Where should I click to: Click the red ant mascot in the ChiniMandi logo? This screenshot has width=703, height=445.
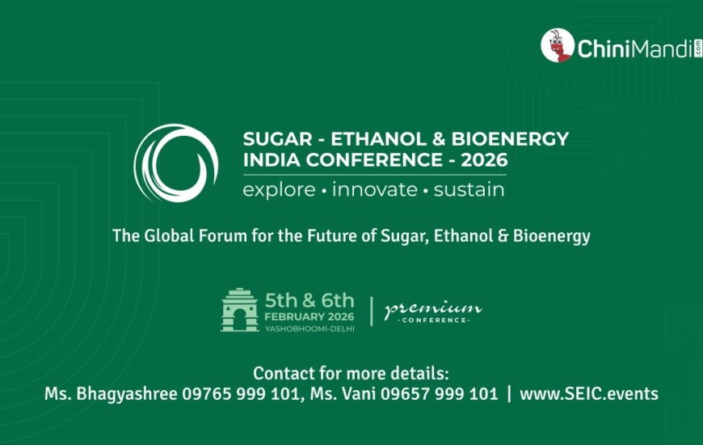[x=558, y=45]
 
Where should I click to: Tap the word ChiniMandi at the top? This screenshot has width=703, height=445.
[x=636, y=49]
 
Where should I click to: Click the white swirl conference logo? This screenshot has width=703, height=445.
[x=176, y=163]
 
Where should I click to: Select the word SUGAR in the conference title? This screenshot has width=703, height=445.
[x=277, y=139]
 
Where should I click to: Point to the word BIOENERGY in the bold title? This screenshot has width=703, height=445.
[x=510, y=139]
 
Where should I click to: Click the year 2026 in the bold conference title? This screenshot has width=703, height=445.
[x=484, y=160]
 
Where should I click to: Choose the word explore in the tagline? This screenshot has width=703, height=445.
[x=279, y=190]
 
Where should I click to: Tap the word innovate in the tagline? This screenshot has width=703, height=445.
[x=375, y=189]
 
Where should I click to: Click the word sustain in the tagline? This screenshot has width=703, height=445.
[x=469, y=189]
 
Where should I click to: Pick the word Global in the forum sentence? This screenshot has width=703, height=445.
[x=169, y=235]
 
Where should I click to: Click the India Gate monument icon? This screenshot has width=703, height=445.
[x=240, y=310]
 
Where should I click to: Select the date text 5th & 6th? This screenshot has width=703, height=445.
[x=309, y=300]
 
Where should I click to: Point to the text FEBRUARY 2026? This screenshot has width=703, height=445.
[x=309, y=316]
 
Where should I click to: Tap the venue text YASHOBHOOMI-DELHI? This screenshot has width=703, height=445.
[x=309, y=329]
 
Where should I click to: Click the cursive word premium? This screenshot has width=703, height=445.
[x=433, y=308]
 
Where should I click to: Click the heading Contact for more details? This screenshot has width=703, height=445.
[x=351, y=374]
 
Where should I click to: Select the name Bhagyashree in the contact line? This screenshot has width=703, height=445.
[x=127, y=394]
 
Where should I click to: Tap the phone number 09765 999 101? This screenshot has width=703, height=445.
[x=240, y=394]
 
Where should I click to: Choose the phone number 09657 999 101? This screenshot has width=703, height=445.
[x=440, y=394]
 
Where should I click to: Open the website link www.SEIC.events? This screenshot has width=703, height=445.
[x=589, y=394]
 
